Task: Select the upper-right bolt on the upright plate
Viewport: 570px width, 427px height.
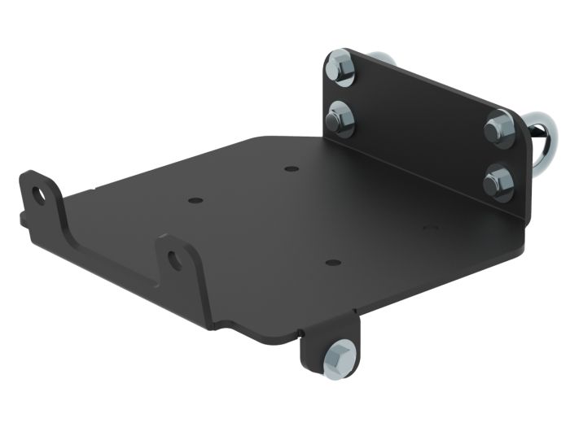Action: [x=498, y=130]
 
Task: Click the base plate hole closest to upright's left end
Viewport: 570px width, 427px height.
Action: [x=291, y=168]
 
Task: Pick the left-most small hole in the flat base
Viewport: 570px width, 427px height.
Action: [x=193, y=198]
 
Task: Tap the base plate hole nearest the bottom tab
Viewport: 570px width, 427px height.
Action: [x=331, y=263]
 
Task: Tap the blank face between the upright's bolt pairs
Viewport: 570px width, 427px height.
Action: [x=415, y=122]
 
